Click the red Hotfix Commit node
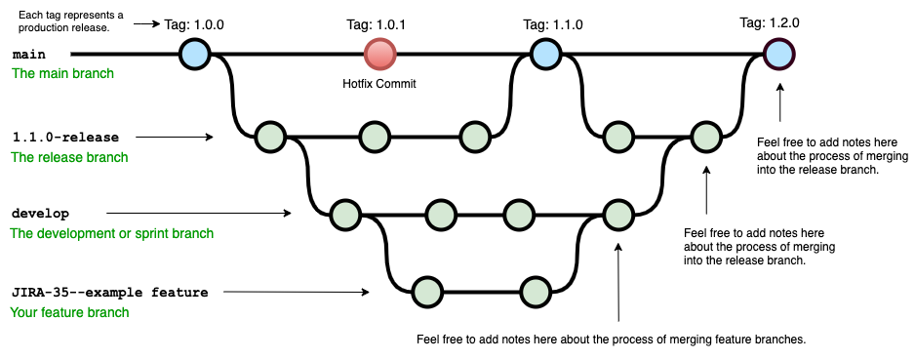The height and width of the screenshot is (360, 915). (x=378, y=54)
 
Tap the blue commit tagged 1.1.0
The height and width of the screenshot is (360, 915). (x=545, y=54)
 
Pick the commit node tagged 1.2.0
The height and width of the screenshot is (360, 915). (x=778, y=54)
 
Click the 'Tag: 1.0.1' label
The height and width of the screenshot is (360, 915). (x=377, y=22)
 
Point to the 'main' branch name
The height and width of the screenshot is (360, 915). (x=30, y=55)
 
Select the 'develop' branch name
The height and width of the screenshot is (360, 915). (x=40, y=213)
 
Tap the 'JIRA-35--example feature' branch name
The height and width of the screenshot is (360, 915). (x=109, y=291)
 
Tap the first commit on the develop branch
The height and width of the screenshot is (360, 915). (x=344, y=213)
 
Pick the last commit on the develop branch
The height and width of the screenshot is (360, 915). (x=617, y=213)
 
